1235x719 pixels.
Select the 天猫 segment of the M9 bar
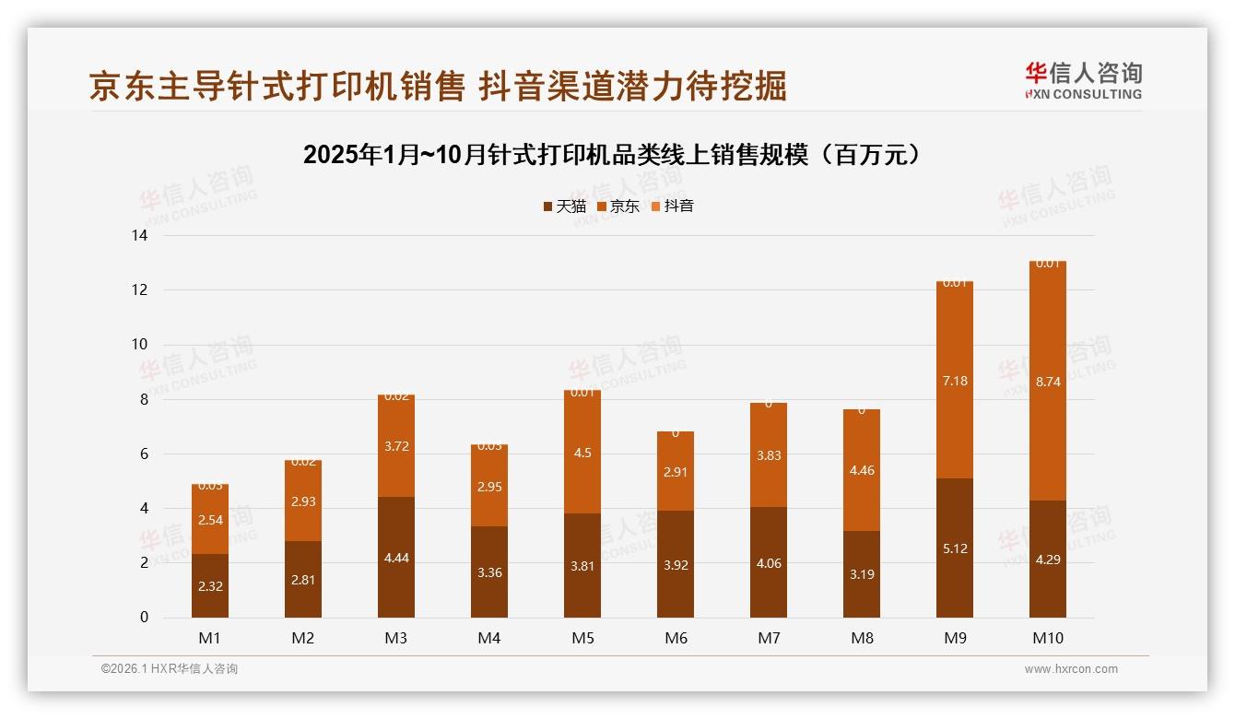tap(954, 548)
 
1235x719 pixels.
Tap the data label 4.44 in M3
tap(396, 558)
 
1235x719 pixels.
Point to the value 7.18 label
tap(954, 381)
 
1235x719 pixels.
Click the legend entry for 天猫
tap(564, 206)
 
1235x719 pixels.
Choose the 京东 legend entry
tap(617, 206)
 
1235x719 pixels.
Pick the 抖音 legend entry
tap(672, 206)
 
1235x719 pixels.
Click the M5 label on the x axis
tap(582, 638)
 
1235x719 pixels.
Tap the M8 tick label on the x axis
tap(862, 638)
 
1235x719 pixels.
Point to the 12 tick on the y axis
tap(139, 289)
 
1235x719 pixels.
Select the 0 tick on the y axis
tap(144, 618)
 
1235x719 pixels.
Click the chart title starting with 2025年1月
tap(612, 155)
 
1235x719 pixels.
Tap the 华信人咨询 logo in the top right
tap(1083, 80)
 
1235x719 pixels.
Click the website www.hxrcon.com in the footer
tap(1071, 669)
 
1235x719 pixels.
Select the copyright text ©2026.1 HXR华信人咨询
tap(170, 669)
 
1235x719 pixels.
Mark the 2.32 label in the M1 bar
tap(210, 586)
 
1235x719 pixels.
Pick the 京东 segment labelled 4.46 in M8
tap(862, 470)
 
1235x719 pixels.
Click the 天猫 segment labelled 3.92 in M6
tap(676, 564)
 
